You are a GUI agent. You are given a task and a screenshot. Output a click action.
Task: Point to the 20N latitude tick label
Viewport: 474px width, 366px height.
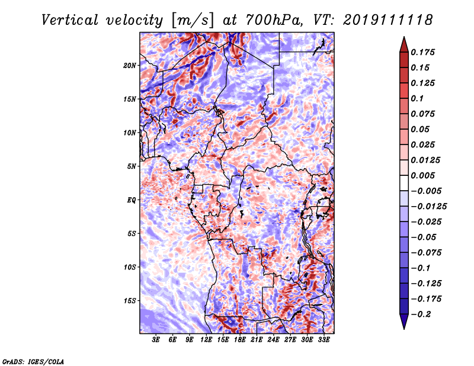[x=130, y=65]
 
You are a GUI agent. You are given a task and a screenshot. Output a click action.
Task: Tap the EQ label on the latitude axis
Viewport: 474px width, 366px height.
[x=132, y=200]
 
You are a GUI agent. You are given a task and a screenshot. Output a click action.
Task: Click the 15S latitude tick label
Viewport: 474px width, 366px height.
[x=130, y=301]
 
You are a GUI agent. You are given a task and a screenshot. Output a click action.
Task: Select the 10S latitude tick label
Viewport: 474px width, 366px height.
[x=130, y=267]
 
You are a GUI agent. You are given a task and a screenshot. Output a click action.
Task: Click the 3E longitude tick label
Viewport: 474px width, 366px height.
[x=156, y=341]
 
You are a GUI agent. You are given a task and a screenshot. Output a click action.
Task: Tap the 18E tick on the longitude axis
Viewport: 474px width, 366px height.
[x=240, y=341]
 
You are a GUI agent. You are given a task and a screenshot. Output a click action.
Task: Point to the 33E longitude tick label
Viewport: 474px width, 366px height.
[x=324, y=341]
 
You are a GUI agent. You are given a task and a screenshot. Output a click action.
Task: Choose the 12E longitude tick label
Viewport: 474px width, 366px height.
[x=206, y=341]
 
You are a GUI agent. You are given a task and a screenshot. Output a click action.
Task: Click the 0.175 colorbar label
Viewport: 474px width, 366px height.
[x=425, y=52]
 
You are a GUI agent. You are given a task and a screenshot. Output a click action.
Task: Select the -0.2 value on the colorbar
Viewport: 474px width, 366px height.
[x=425, y=314]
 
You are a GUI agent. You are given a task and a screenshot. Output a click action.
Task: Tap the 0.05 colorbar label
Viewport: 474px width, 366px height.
[x=422, y=129]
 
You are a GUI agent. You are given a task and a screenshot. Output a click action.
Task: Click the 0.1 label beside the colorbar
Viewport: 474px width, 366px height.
[x=419, y=98]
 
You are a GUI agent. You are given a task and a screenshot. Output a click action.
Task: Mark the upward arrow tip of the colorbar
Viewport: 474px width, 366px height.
[x=403, y=38]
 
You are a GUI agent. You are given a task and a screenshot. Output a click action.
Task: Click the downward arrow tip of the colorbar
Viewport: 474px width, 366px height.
[x=403, y=328]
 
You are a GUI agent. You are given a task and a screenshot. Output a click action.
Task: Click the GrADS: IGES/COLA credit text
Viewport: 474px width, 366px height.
[x=33, y=361]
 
